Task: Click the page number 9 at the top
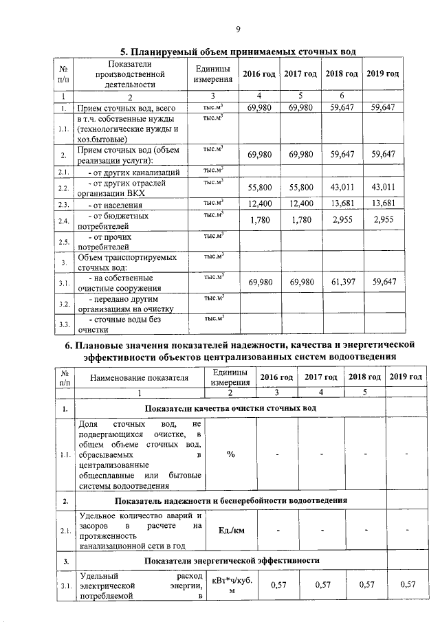pyautogui.click(x=238, y=29)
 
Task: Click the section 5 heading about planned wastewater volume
pyautogui.click(x=239, y=52)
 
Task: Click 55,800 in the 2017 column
pyautogui.click(x=302, y=187)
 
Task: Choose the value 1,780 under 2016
pyautogui.click(x=258, y=220)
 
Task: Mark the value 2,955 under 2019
pyautogui.click(x=384, y=220)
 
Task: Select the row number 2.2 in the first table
pyautogui.click(x=63, y=188)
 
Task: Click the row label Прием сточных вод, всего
pyautogui.click(x=122, y=109)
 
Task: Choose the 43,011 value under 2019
pyautogui.click(x=384, y=187)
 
